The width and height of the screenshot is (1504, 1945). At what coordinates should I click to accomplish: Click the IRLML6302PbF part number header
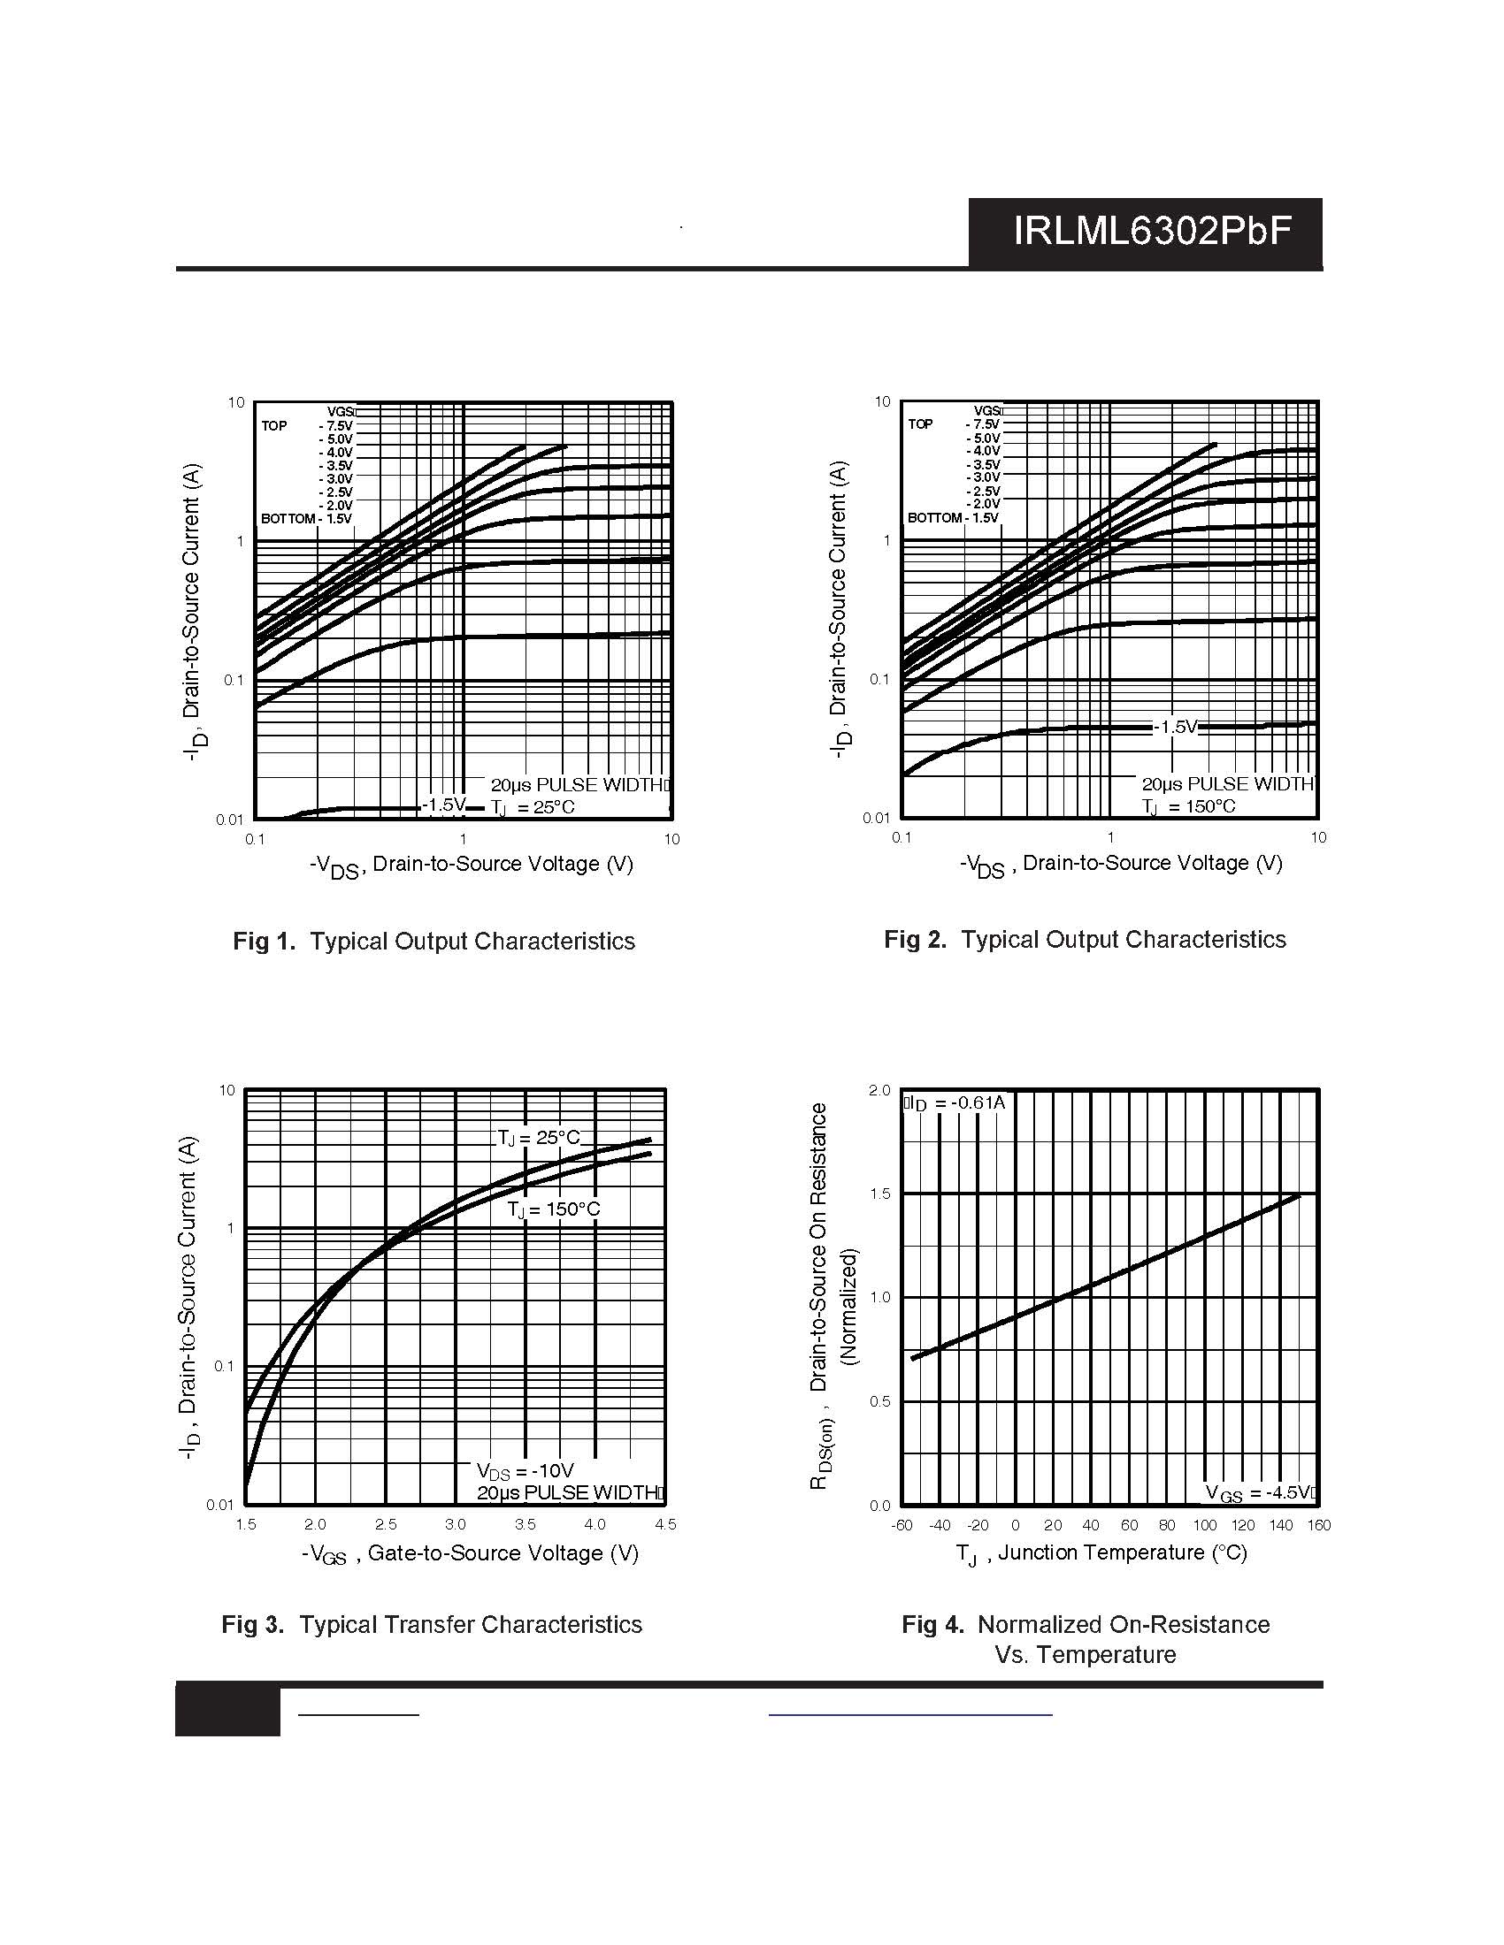tap(1152, 232)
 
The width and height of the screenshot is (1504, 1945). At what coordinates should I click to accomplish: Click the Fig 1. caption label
tap(264, 942)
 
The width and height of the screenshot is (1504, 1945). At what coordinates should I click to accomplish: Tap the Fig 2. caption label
tap(915, 940)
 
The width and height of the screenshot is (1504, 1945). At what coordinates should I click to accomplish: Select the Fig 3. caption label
tap(253, 1624)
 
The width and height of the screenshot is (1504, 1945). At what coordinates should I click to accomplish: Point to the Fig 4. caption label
tap(932, 1624)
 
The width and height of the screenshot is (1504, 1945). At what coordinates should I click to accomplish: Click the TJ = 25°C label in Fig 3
tap(539, 1138)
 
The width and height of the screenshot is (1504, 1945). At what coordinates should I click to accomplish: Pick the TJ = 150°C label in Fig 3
tap(554, 1209)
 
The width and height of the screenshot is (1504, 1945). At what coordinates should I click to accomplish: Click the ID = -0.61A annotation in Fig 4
tap(956, 1103)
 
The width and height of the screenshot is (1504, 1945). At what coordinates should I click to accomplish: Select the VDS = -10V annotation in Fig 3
tap(525, 1471)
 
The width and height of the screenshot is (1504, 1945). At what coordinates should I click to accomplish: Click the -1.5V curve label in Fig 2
tap(1176, 728)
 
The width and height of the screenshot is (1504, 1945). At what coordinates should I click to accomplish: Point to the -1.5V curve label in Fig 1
tap(444, 805)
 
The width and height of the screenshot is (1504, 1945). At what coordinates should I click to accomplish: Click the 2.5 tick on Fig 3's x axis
tap(386, 1525)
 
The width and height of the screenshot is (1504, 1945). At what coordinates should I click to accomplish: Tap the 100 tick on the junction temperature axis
tap(1205, 1525)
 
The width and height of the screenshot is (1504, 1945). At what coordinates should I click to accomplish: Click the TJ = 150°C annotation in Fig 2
tap(1188, 807)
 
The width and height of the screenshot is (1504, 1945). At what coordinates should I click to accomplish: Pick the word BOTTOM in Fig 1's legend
tap(288, 518)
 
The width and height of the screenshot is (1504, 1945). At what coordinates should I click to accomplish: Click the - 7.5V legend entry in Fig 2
tap(983, 424)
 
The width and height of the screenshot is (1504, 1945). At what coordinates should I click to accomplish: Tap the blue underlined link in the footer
tap(909, 1713)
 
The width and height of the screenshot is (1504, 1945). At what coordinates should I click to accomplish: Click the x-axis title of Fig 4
tap(1101, 1553)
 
